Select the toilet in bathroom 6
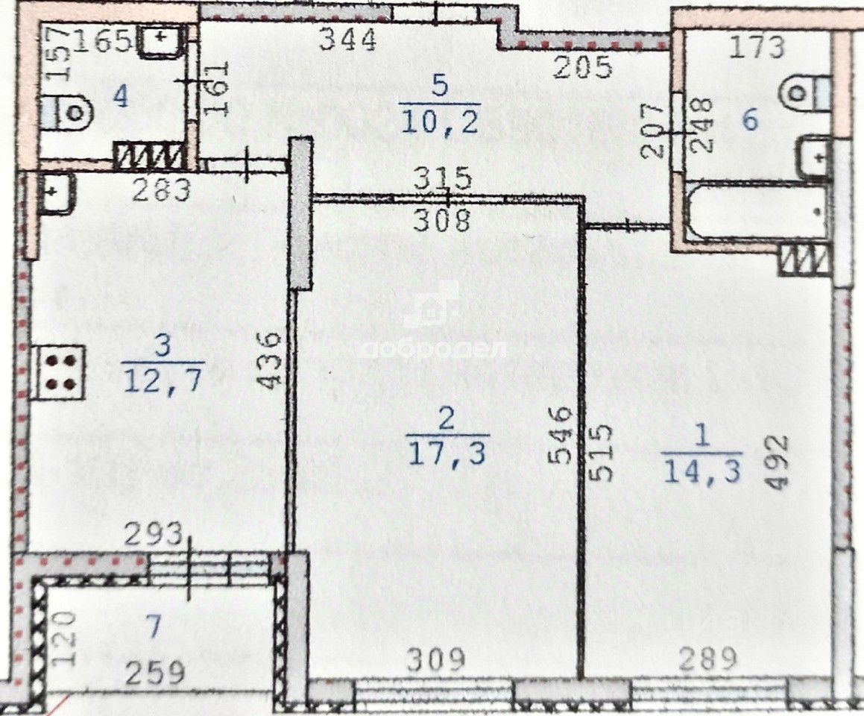[805, 93]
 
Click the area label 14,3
[701, 471]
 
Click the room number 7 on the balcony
[152, 628]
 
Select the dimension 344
[347, 40]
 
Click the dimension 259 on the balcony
[155, 673]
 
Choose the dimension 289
[707, 659]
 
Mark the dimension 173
[757, 47]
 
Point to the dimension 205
[583, 68]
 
